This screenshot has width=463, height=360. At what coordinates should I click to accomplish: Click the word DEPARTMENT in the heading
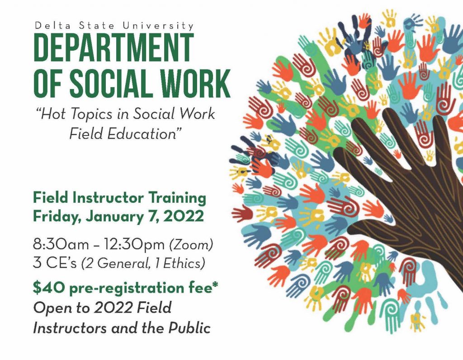point(113,47)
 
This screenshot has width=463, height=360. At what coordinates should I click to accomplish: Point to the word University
point(158,26)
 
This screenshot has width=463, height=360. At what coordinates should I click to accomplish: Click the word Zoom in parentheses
point(191,245)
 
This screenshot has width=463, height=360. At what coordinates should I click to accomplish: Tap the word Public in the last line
point(189,328)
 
